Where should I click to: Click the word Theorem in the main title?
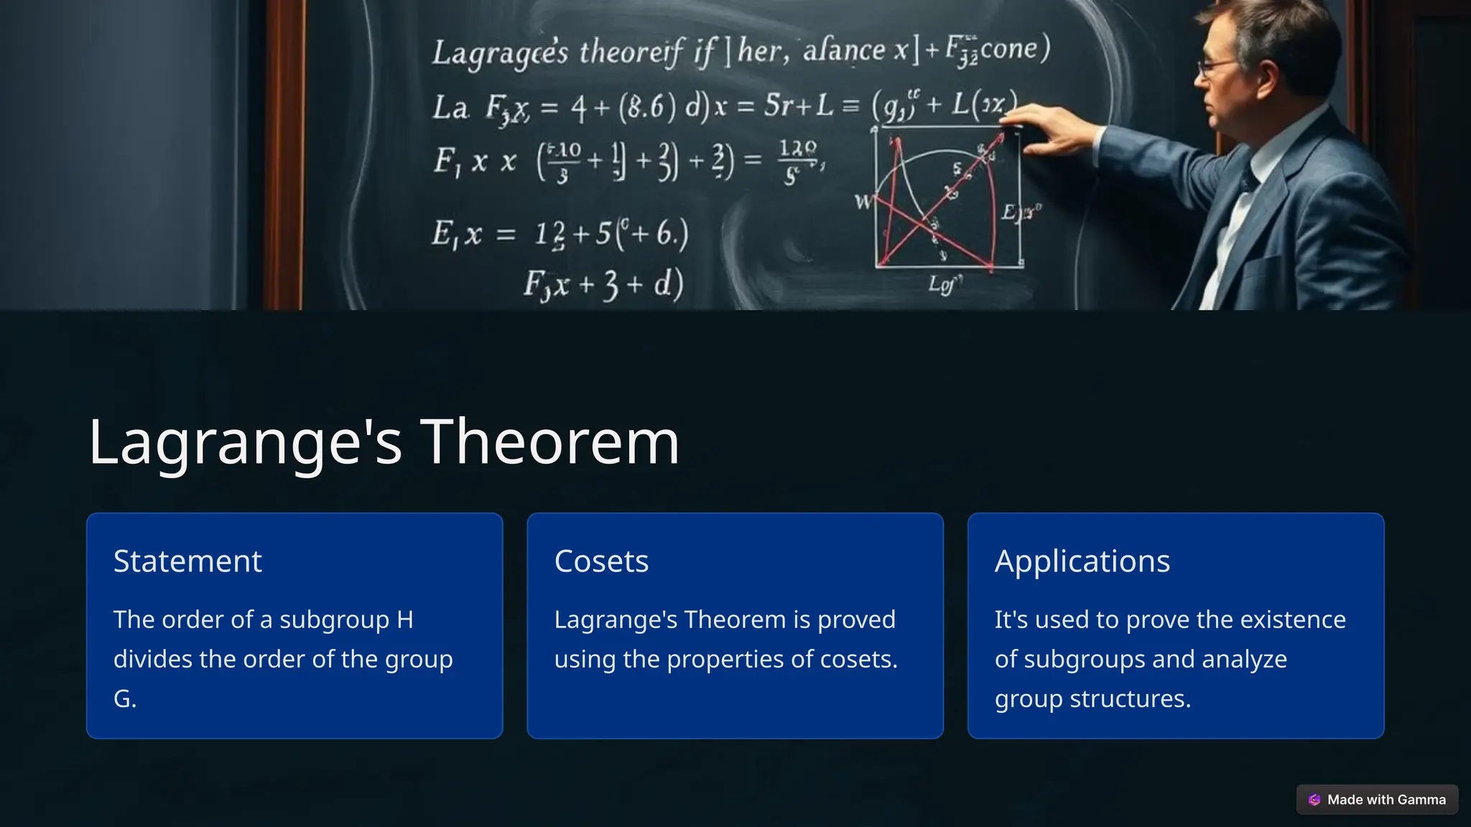(x=549, y=442)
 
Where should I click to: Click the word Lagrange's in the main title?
(x=244, y=442)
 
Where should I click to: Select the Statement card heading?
(x=187, y=561)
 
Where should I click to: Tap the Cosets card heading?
(x=601, y=561)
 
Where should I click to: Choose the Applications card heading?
(x=1082, y=561)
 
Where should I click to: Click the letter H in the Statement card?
(x=405, y=620)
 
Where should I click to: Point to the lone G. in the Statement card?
(x=125, y=698)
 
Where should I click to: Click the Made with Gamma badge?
(x=1377, y=800)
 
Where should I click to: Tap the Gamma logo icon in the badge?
(x=1314, y=800)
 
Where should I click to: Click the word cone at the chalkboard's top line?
(x=1008, y=49)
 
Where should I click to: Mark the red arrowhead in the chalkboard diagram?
(x=998, y=138)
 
